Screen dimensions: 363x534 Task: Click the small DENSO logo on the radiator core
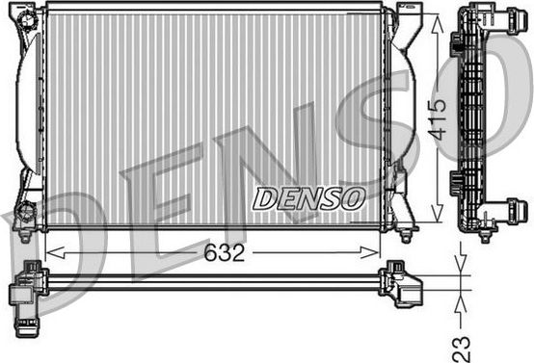pos(308,198)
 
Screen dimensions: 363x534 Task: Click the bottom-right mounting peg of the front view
pos(406,232)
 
